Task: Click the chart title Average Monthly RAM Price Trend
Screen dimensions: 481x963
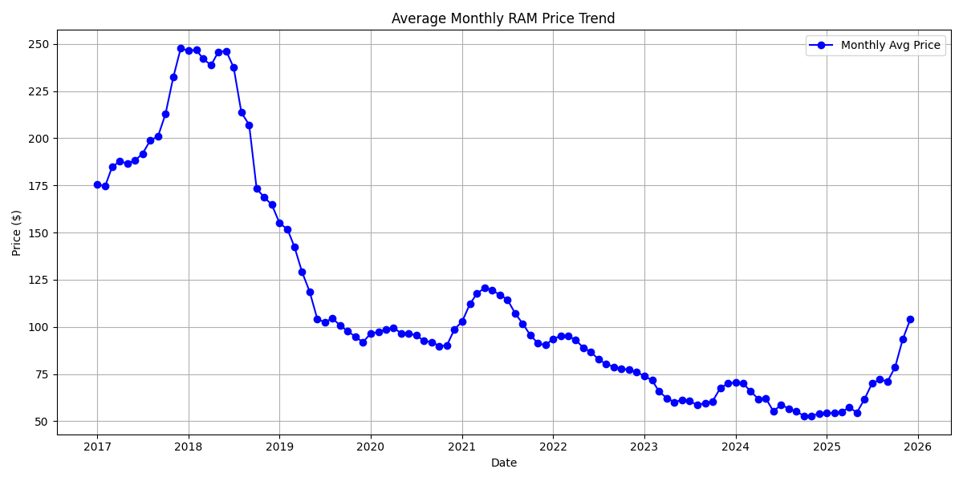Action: point(503,18)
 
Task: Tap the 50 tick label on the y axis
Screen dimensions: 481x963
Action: point(43,422)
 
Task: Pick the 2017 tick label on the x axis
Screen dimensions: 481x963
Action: point(97,447)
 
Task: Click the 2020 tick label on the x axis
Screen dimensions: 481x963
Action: point(371,447)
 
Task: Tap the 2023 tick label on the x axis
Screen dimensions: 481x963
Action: point(644,447)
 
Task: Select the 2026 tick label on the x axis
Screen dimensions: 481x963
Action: point(918,447)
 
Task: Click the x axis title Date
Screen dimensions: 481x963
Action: point(503,463)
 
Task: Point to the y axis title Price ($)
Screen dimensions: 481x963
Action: point(17,232)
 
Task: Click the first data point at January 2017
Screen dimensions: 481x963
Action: point(97,184)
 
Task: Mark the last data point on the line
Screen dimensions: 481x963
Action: point(910,319)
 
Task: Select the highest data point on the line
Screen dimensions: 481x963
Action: point(181,48)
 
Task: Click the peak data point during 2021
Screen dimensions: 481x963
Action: point(485,288)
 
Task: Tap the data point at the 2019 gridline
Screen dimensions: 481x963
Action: point(279,223)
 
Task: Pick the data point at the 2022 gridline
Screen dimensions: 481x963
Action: point(553,339)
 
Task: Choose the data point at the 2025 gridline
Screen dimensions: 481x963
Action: point(827,413)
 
